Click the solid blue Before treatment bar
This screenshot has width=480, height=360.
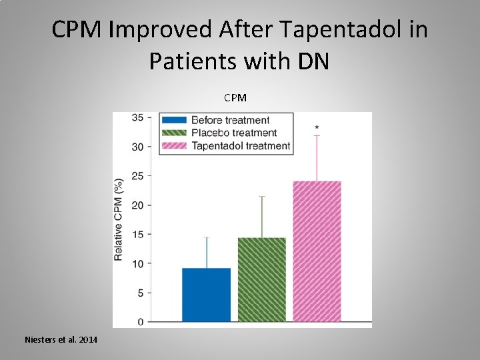pyautogui.click(x=206, y=295)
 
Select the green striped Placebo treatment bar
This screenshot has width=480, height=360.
pyautogui.click(x=261, y=279)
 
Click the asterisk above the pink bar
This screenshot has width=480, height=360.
pyautogui.click(x=317, y=127)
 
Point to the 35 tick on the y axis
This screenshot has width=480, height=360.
pyautogui.click(x=137, y=118)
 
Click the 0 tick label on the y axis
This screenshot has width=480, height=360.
pyautogui.click(x=140, y=322)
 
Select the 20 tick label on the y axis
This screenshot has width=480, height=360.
pyautogui.click(x=137, y=205)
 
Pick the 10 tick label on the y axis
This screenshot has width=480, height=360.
pyautogui.click(x=137, y=264)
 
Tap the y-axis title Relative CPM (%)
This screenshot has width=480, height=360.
pyautogui.click(x=119, y=219)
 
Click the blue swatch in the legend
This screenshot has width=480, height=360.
pyautogui.click(x=174, y=121)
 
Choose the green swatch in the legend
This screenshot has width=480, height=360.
pyautogui.click(x=174, y=133)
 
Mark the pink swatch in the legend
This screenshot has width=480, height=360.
pyautogui.click(x=174, y=146)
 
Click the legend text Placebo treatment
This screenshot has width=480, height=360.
pyautogui.click(x=234, y=133)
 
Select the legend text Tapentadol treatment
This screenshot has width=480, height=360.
pyautogui.click(x=241, y=146)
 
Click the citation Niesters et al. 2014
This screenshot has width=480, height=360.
pyautogui.click(x=61, y=340)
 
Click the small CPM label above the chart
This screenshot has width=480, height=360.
pyautogui.click(x=235, y=98)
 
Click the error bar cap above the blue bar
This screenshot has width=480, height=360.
pyautogui.click(x=206, y=237)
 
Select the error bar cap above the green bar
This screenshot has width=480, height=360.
pyautogui.click(x=261, y=197)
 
